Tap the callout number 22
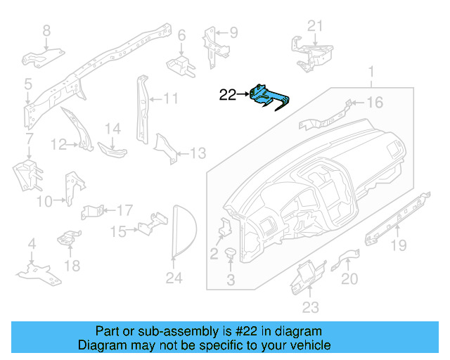(x=228, y=94)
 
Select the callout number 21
(x=316, y=27)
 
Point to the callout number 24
(x=174, y=278)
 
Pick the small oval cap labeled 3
(x=230, y=252)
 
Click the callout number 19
(x=399, y=245)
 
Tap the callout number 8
(x=47, y=30)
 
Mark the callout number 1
(x=372, y=71)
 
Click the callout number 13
(x=198, y=153)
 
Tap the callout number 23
(x=311, y=307)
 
